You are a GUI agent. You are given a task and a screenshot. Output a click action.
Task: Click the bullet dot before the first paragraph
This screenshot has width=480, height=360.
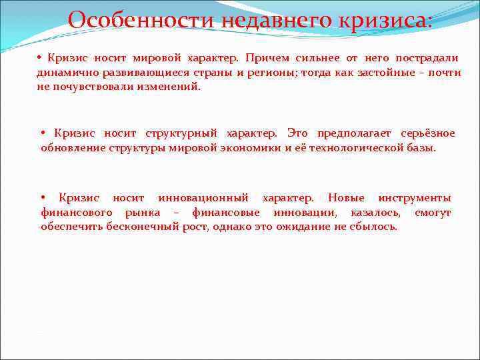[39, 58]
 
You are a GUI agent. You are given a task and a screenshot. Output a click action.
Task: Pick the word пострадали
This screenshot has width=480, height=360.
[427, 58]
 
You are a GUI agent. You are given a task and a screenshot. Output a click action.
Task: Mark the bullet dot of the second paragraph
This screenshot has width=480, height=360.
[44, 133]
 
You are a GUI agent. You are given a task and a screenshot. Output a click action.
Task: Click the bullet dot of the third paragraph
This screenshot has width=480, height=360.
[43, 198]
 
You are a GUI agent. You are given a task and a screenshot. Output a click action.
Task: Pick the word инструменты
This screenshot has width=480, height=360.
[414, 198]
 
